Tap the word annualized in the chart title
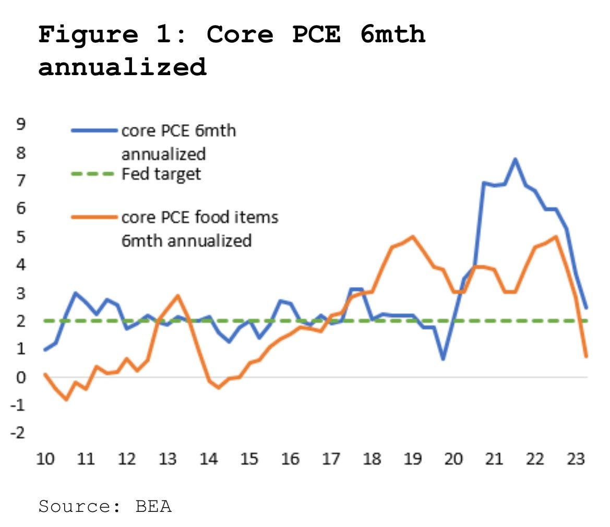pos(122,67)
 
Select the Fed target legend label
pos(161,173)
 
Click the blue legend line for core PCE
pos(93,130)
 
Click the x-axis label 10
pos(45,459)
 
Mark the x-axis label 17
pos(331,459)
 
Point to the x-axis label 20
pos(453,459)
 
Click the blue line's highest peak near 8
pos(515,159)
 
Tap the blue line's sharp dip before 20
pos(443,359)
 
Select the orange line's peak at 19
pos(413,237)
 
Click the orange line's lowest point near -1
pos(66,400)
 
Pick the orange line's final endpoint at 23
pos(587,356)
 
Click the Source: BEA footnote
pos(105,506)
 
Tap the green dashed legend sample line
pos(93,173)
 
